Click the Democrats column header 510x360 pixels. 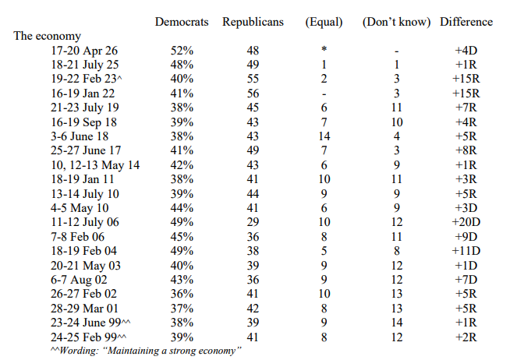tap(182, 22)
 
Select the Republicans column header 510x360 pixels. tap(253, 22)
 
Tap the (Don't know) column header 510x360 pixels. tap(396, 22)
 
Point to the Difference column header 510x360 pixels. tap(466, 22)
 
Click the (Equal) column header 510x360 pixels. tap(324, 22)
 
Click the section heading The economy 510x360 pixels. tap(47, 36)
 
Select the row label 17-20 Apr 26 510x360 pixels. tap(84, 51)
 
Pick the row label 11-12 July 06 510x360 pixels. tap(85, 222)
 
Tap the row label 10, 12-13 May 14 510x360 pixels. tap(95, 164)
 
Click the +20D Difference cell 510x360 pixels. tap(466, 222)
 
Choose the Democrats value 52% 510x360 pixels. tap(182, 51)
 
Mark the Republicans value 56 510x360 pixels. tap(253, 94)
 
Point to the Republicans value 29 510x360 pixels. tap(253, 222)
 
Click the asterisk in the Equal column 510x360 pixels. tap(324, 49)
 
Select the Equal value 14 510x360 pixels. tap(324, 136)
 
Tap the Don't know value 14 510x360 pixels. tap(396, 323)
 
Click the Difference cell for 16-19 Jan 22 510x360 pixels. tap(466, 94)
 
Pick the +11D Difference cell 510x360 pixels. tap(466, 250)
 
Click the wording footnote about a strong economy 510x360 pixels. tap(146, 351)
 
